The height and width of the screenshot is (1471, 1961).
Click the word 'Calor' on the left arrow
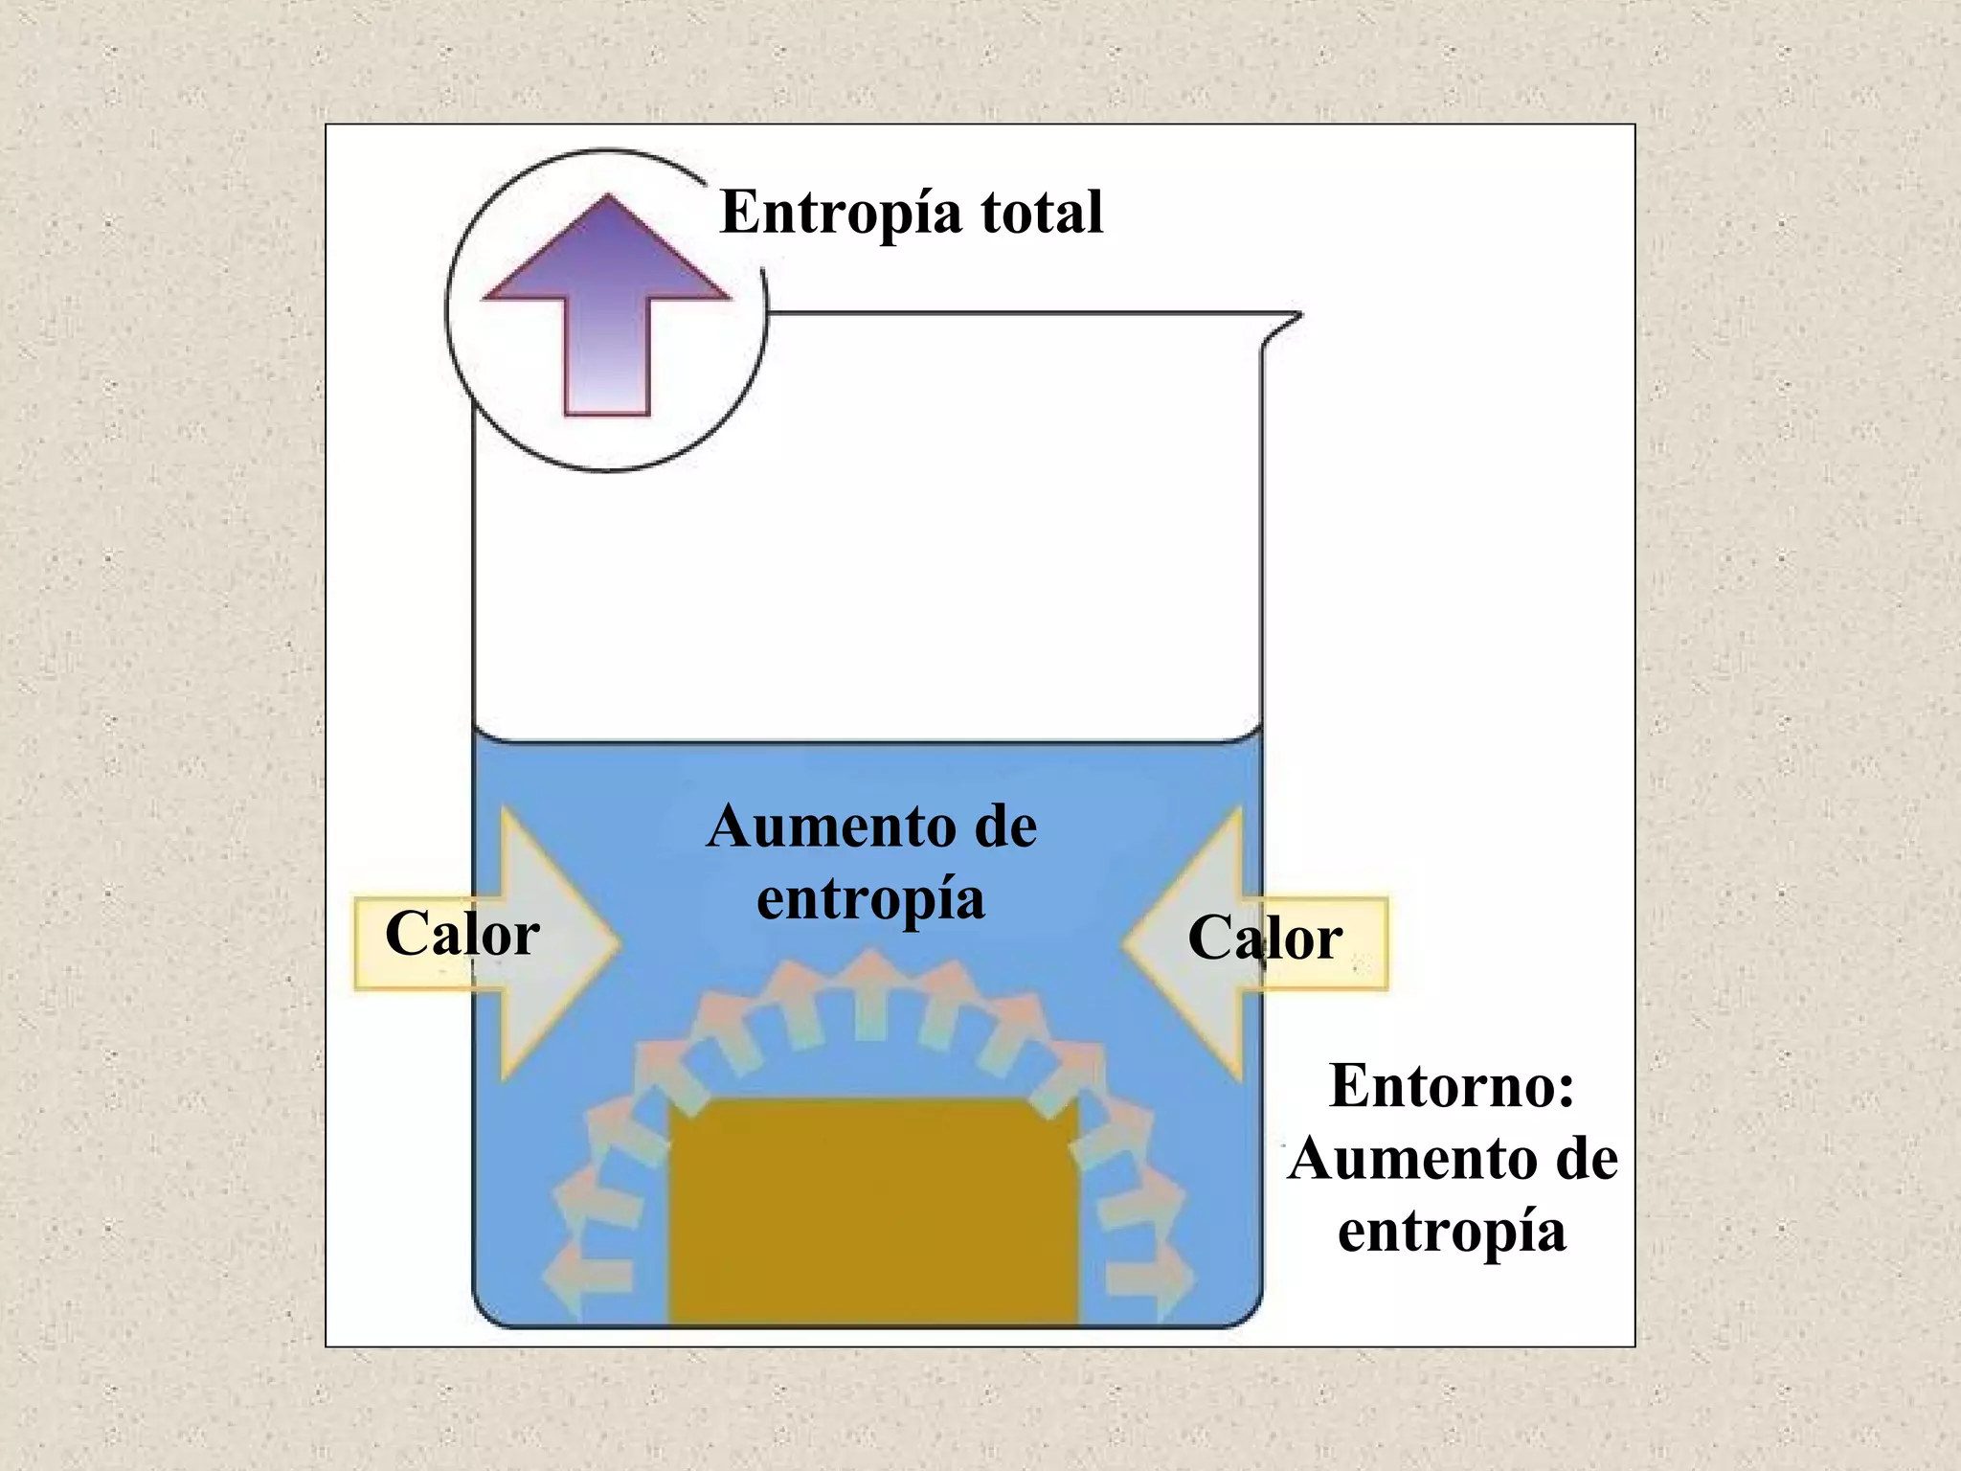click(462, 934)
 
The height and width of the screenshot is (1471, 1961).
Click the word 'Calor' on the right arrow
click(1264, 938)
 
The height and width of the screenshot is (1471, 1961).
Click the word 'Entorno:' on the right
click(1452, 1086)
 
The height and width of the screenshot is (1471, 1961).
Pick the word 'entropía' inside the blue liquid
click(870, 899)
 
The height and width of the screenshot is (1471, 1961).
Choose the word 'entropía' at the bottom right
click(1452, 1232)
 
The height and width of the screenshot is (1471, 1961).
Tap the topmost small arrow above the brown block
click(870, 991)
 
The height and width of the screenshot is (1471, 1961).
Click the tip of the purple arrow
click(607, 198)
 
